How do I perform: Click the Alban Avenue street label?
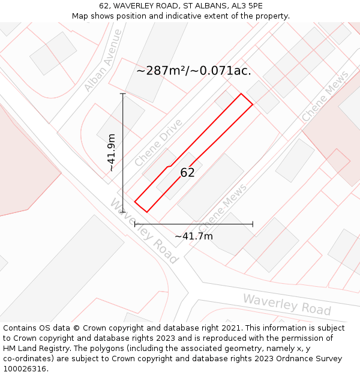tap(103, 61)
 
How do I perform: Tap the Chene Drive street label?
tap(158, 143)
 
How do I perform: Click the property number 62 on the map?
tap(188, 173)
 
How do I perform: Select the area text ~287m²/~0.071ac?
tap(193, 71)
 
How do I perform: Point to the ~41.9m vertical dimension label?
tap(112, 153)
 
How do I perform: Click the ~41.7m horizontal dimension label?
tap(194, 236)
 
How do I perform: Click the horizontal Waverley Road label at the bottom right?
tap(287, 304)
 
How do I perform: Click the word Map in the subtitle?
tap(81, 16)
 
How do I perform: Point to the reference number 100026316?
tap(26, 369)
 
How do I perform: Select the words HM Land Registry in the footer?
tap(32, 349)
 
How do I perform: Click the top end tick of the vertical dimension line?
tap(123, 94)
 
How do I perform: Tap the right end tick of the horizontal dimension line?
tap(253, 224)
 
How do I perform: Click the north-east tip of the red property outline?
tap(252, 104)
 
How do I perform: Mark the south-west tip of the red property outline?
tap(135, 202)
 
